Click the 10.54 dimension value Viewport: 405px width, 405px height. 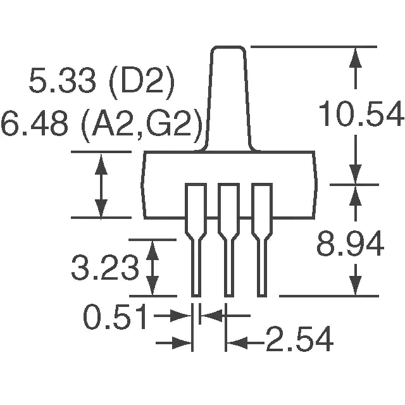(x=361, y=113)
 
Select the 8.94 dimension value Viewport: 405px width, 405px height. (x=350, y=244)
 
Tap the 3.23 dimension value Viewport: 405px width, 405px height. (x=105, y=267)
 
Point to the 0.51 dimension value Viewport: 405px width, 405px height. (x=115, y=316)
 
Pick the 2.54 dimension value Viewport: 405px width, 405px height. (x=299, y=339)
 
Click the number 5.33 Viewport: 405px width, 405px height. (x=62, y=80)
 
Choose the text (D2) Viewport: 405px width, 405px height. (x=142, y=83)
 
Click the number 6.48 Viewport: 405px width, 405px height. (x=35, y=123)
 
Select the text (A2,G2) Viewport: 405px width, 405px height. (x=142, y=125)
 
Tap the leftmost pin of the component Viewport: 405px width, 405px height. (x=196, y=240)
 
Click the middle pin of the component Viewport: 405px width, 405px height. (x=229, y=240)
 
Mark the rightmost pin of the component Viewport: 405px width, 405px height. (x=262, y=240)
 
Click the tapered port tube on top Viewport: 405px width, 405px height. (x=228, y=98)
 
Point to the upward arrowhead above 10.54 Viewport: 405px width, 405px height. (x=356, y=58)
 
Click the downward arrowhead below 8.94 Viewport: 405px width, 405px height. (x=356, y=285)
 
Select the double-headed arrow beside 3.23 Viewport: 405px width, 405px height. (x=153, y=268)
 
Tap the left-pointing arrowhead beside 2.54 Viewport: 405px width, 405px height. (x=237, y=343)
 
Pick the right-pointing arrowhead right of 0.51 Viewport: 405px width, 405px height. (x=180, y=316)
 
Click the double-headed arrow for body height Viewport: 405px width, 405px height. (x=101, y=185)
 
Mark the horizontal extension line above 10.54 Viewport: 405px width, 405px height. (x=314, y=47)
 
